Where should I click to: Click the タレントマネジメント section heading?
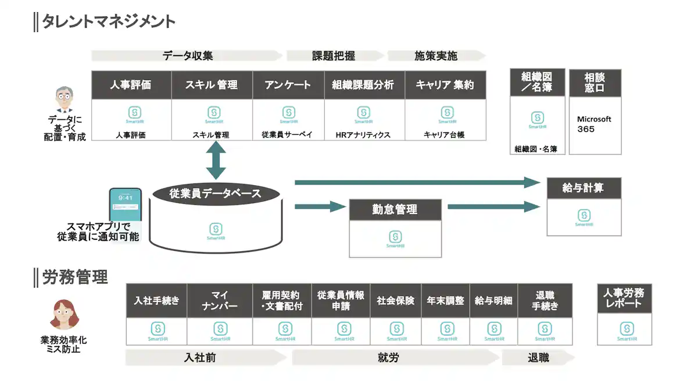tap(108, 21)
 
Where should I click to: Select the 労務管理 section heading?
tap(75, 278)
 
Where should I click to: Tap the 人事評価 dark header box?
tap(131, 85)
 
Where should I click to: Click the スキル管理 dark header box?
tap(212, 85)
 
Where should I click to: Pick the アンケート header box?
tap(288, 85)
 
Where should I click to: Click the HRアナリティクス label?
tap(363, 135)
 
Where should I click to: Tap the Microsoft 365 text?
tap(594, 124)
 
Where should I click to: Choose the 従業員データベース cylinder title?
tap(215, 194)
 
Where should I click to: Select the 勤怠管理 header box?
tap(395, 210)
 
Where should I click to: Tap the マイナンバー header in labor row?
tap(220, 301)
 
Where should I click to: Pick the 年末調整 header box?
tap(445, 301)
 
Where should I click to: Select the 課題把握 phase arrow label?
tap(334, 56)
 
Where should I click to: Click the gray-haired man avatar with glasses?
tap(65, 100)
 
